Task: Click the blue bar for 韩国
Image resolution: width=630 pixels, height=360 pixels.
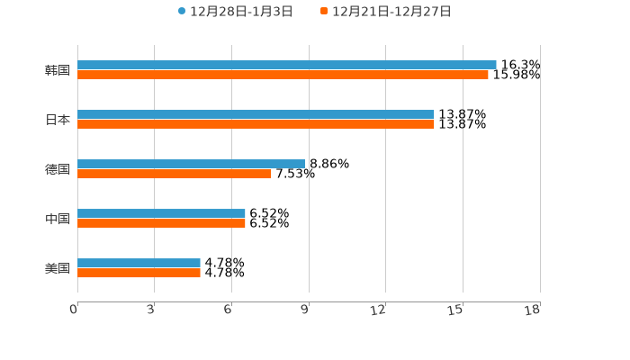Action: (x=286, y=65)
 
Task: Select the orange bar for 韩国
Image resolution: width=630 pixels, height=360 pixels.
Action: (x=283, y=75)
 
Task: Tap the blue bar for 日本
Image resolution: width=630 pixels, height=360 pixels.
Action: (x=256, y=114)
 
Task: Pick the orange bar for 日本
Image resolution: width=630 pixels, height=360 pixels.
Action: (x=256, y=124)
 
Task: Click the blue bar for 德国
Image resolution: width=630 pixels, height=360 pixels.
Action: (x=191, y=164)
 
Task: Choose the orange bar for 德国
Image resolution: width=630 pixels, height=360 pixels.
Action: (x=174, y=174)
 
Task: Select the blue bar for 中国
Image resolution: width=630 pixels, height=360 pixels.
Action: (x=161, y=213)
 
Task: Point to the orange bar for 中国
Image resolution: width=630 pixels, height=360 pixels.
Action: (x=161, y=223)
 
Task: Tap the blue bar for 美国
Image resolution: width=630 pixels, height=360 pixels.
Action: (x=139, y=263)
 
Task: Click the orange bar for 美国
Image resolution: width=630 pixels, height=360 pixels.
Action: (x=139, y=273)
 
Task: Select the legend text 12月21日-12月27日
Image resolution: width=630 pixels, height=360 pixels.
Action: (x=391, y=12)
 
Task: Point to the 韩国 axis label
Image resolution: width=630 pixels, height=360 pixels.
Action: (x=58, y=70)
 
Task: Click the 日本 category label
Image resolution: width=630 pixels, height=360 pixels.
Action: (x=58, y=120)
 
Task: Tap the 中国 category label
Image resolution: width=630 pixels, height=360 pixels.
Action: (x=58, y=219)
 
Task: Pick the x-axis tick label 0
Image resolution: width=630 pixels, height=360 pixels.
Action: (x=74, y=310)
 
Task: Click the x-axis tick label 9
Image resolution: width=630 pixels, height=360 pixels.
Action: (x=305, y=310)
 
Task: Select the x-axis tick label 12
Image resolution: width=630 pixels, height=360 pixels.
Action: (x=379, y=310)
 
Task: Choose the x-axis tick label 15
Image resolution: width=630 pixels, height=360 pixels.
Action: (x=455, y=310)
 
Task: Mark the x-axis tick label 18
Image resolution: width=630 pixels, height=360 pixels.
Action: (x=533, y=310)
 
